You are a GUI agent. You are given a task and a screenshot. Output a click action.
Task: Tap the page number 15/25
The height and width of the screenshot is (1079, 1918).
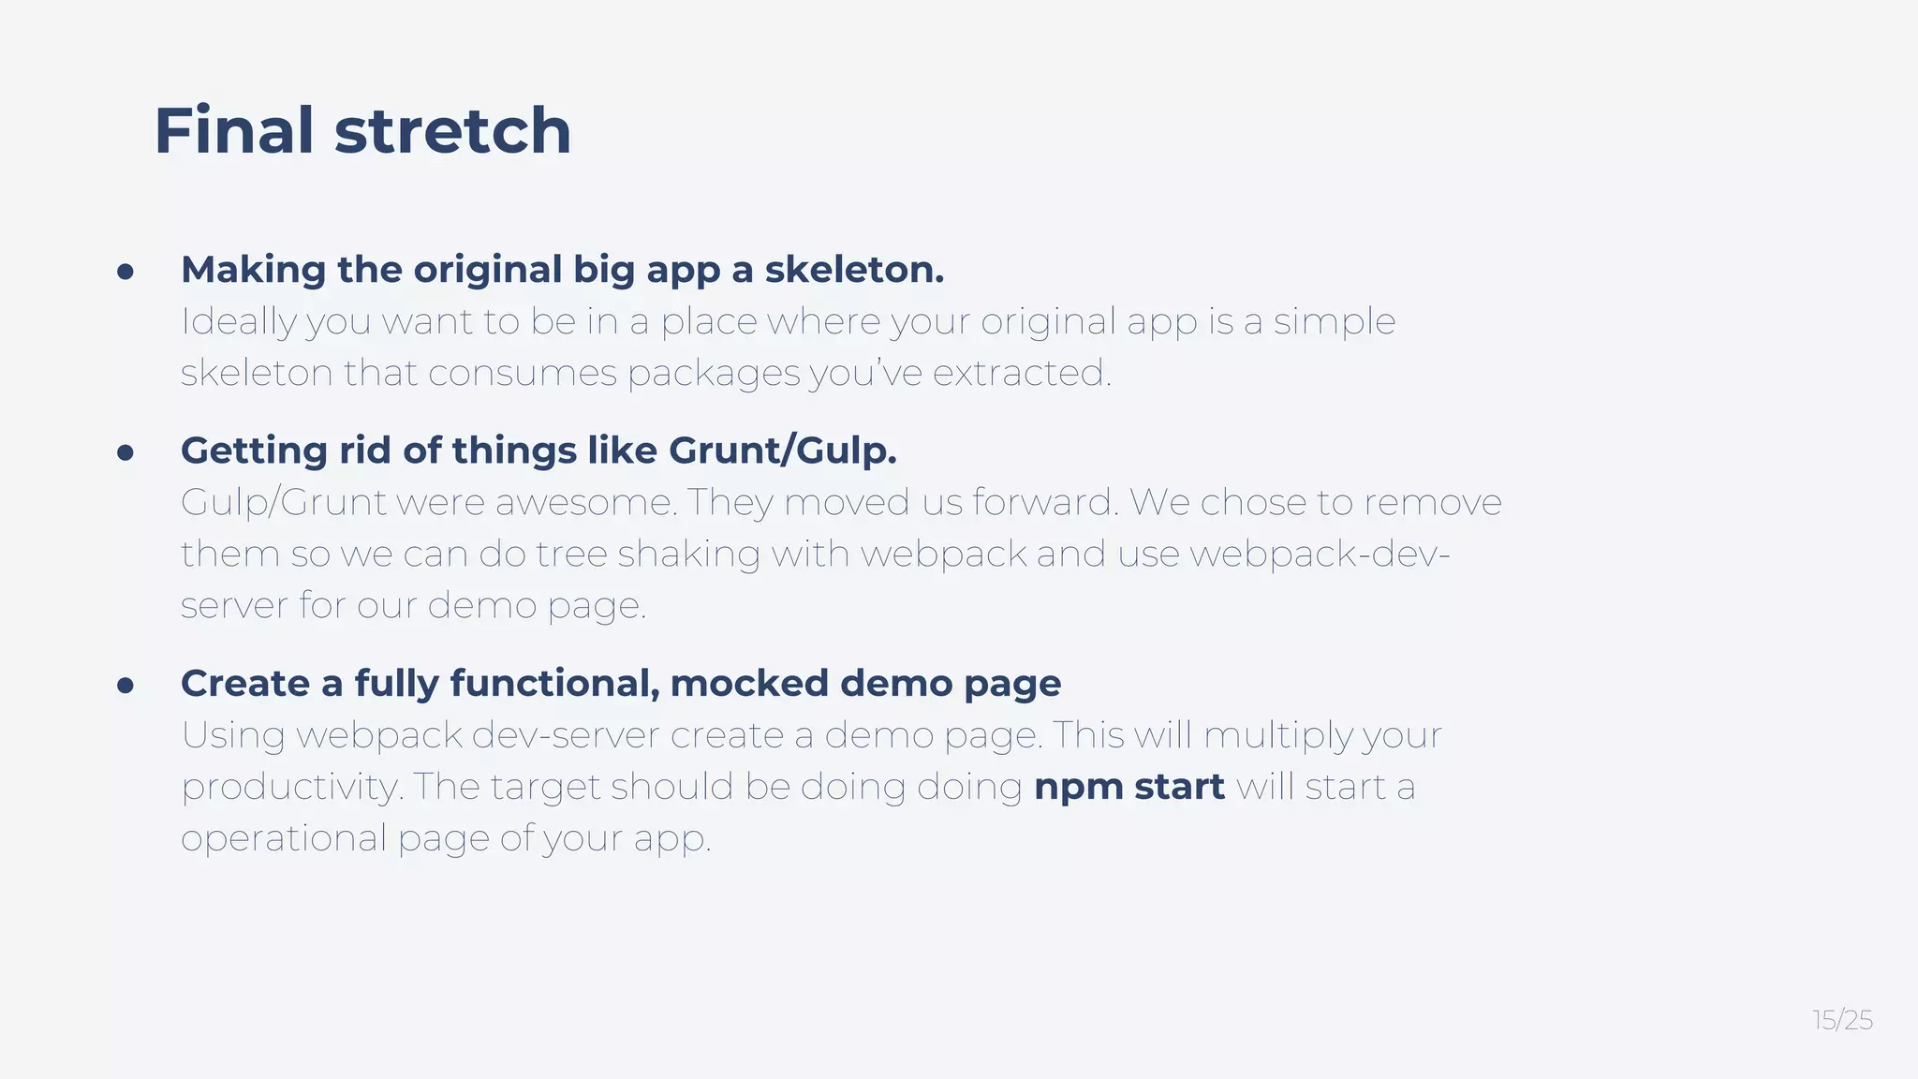pyautogui.click(x=1842, y=1020)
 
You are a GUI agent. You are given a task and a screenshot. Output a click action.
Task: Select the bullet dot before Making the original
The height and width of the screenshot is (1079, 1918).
pyautogui.click(x=125, y=272)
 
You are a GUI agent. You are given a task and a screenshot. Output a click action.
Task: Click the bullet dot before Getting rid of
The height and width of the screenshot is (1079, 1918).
pyautogui.click(x=125, y=452)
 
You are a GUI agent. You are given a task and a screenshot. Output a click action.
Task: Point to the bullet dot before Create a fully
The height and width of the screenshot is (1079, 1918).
pyautogui.click(x=125, y=686)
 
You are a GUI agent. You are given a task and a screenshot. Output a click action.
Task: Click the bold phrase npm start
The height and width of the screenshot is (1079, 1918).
pyautogui.click(x=1129, y=786)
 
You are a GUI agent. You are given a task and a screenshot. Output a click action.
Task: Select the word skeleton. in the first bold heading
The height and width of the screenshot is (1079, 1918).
pyautogui.click(x=854, y=269)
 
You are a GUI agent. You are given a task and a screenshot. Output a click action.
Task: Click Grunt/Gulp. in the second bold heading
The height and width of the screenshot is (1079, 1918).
pyautogui.click(x=782, y=451)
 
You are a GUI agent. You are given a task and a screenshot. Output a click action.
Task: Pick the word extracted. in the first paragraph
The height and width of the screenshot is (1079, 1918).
pyautogui.click(x=1022, y=373)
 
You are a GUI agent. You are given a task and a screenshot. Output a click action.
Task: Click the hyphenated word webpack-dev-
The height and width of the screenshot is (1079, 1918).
pyautogui.click(x=1320, y=554)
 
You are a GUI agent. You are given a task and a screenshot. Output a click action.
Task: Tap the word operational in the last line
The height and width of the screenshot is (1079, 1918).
pyautogui.click(x=283, y=838)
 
